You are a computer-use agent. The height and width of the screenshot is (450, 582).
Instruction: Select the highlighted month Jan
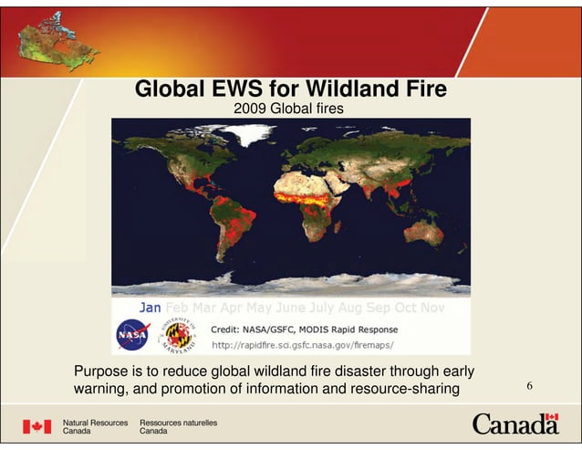pos(149,309)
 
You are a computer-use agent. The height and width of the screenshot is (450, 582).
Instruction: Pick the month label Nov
pos(431,309)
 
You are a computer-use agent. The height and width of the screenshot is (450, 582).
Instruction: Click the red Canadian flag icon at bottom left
pos(36,426)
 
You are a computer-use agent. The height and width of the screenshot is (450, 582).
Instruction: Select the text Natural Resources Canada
pos(95,426)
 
